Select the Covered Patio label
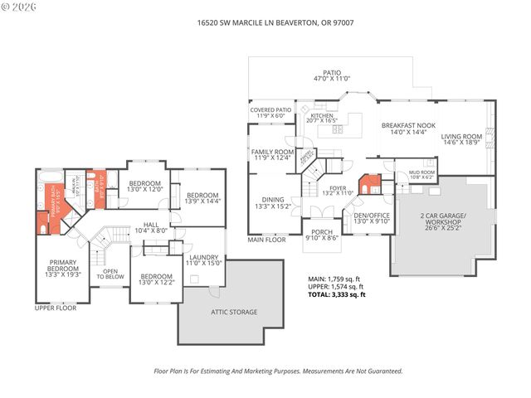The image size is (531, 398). tap(271, 113)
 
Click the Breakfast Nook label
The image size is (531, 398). tap(403, 129)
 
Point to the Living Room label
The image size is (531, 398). tap(461, 139)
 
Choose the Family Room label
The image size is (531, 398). tap(272, 156)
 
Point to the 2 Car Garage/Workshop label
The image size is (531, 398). tap(443, 219)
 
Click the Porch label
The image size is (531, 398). tap(321, 235)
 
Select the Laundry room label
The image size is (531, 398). tap(203, 260)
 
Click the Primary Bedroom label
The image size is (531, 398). tap(62, 270)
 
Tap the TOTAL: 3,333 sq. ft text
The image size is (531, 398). tap(337, 294)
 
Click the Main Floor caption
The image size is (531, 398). tap(266, 240)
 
